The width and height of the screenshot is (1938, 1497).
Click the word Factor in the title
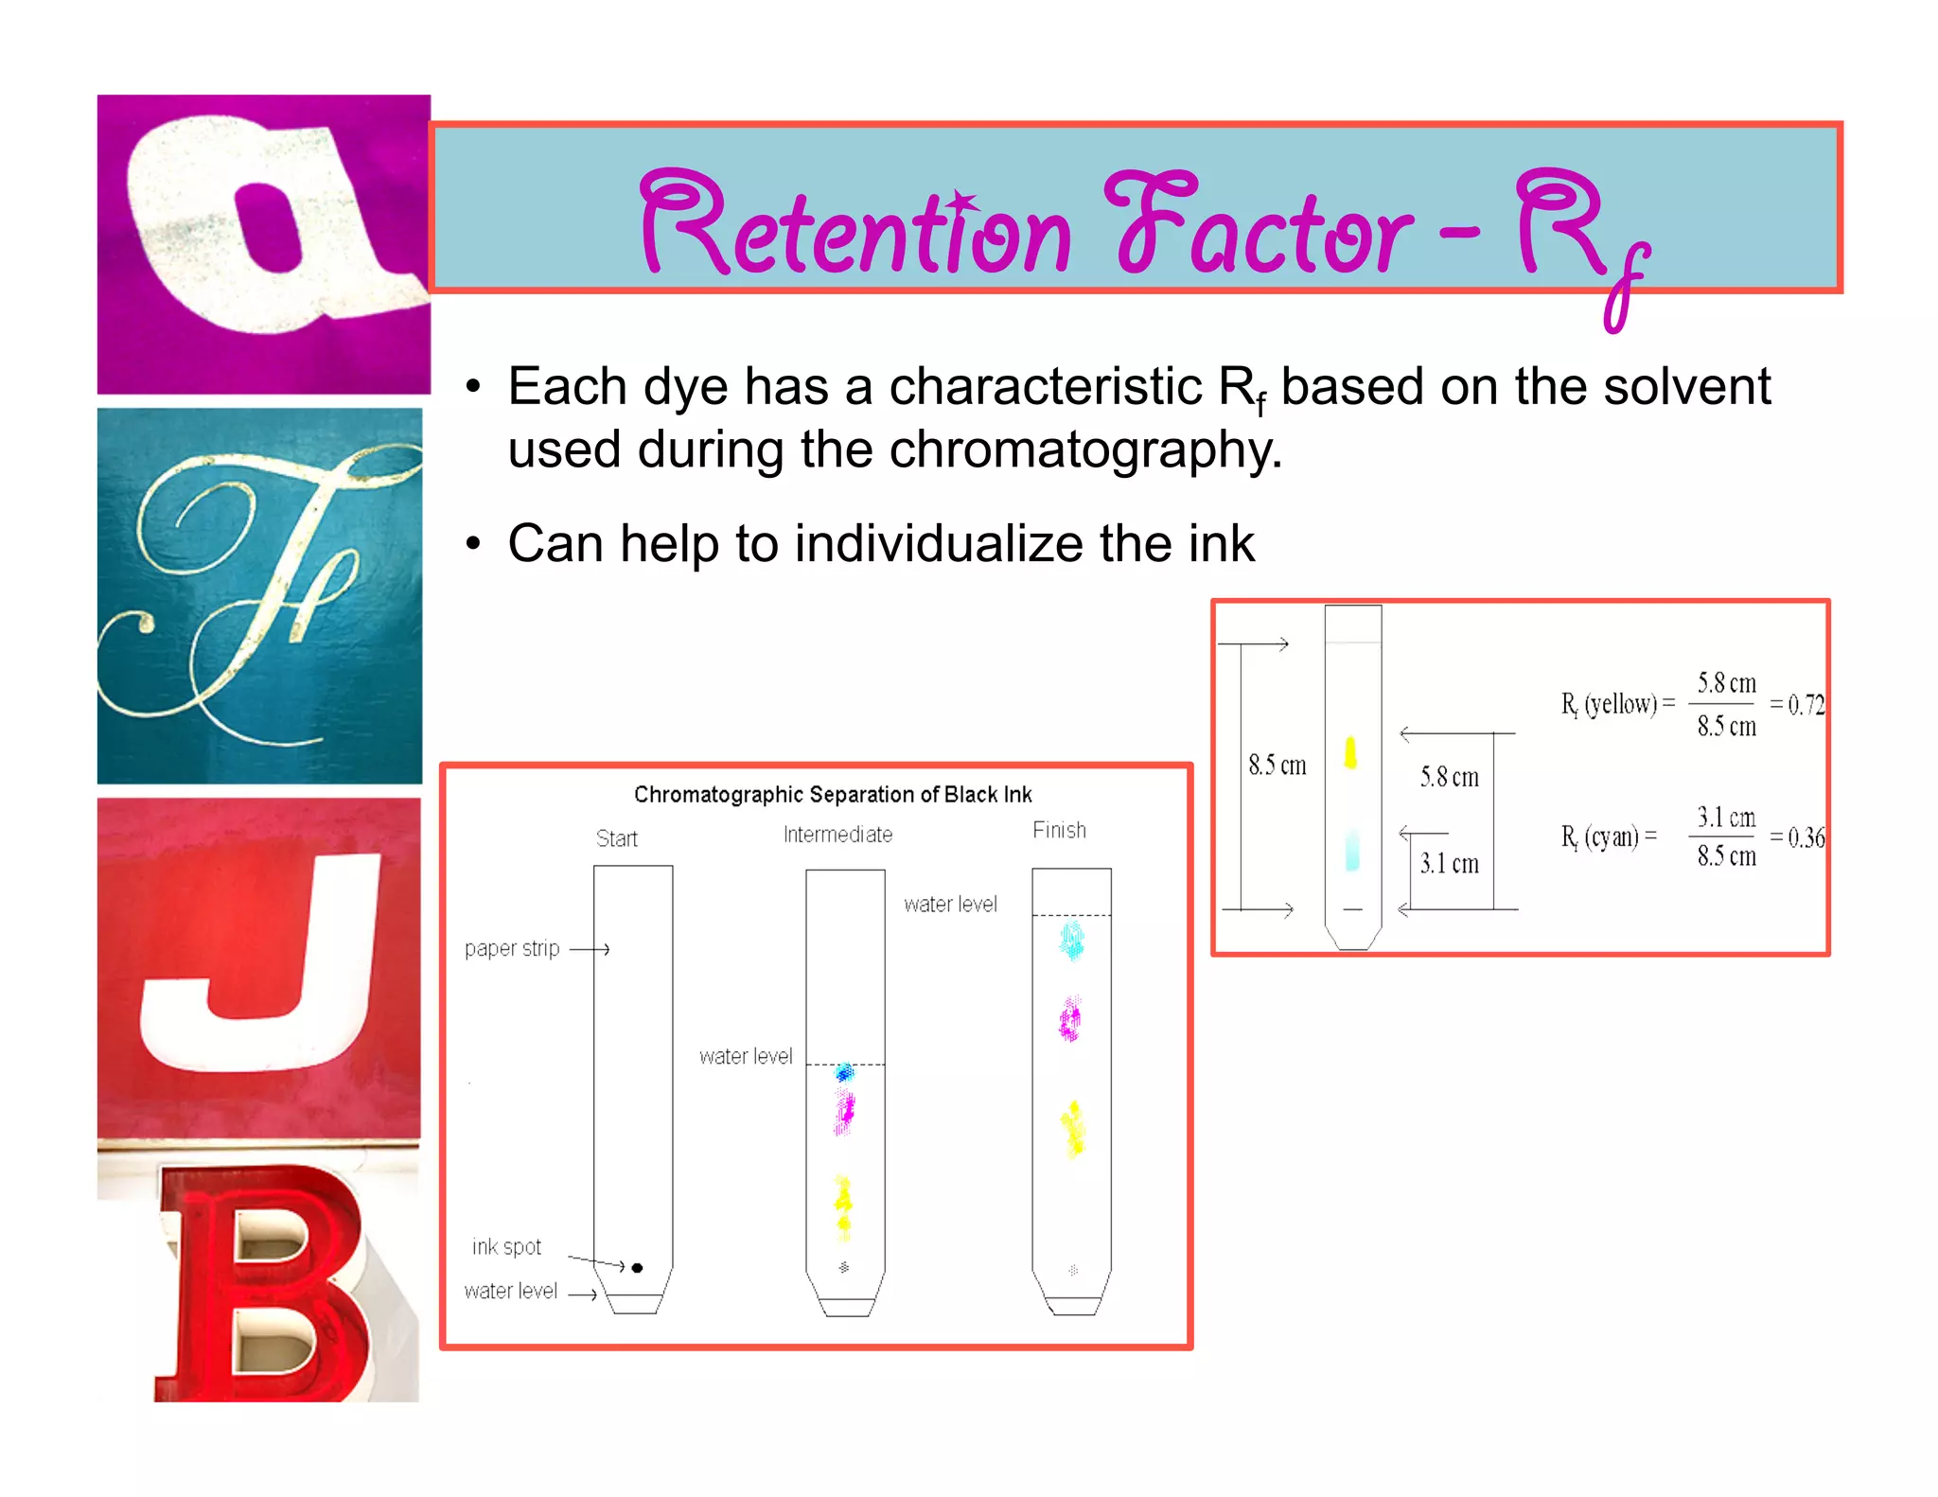pyautogui.click(x=1259, y=227)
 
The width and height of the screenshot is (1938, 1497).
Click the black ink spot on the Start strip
pyautogui.click(x=637, y=1267)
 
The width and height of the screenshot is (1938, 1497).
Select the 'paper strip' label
pyautogui.click(x=512, y=948)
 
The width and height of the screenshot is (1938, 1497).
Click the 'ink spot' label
pyautogui.click(x=506, y=1247)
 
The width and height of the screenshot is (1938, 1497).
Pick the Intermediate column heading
pyautogui.click(x=837, y=835)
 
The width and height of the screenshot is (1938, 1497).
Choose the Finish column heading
pyautogui.click(x=1059, y=830)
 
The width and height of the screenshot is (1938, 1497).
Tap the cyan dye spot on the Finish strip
pyautogui.click(x=1071, y=941)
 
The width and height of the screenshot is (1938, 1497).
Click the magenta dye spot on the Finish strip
pyautogui.click(x=1070, y=1020)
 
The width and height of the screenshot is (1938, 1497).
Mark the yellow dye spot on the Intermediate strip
pyautogui.click(x=842, y=1206)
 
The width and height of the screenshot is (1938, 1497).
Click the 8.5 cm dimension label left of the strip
pyautogui.click(x=1277, y=765)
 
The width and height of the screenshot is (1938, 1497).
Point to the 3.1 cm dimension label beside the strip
pyautogui.click(x=1449, y=863)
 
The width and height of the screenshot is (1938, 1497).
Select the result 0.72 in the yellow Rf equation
pyautogui.click(x=1806, y=705)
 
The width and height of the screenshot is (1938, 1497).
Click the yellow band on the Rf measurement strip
pyautogui.click(x=1350, y=752)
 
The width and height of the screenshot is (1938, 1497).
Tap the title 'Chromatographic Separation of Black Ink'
pyautogui.click(x=833, y=794)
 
